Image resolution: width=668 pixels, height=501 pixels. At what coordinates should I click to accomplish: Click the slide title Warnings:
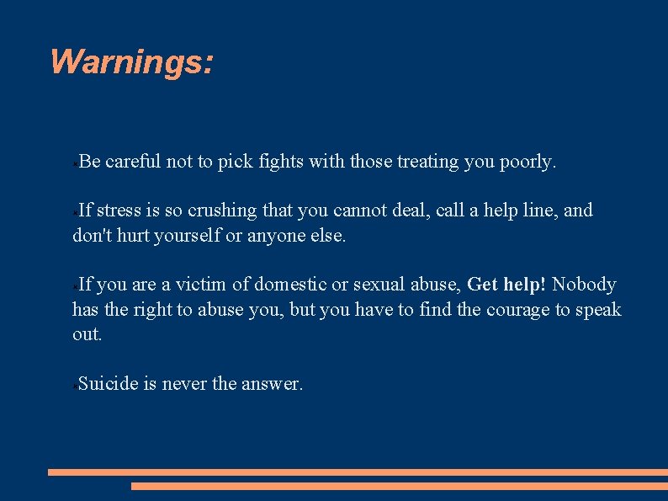click(x=132, y=62)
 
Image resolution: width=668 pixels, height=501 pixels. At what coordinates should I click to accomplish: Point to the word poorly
click(x=529, y=162)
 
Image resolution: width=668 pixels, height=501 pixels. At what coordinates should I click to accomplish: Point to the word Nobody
click(x=584, y=285)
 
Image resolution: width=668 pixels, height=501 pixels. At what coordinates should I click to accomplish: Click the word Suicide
click(x=108, y=384)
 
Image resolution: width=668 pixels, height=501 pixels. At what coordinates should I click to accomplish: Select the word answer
click(x=272, y=384)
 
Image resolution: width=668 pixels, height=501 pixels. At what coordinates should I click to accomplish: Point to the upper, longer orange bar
click(x=358, y=472)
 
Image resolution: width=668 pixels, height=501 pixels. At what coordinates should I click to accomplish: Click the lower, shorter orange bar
click(x=399, y=486)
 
